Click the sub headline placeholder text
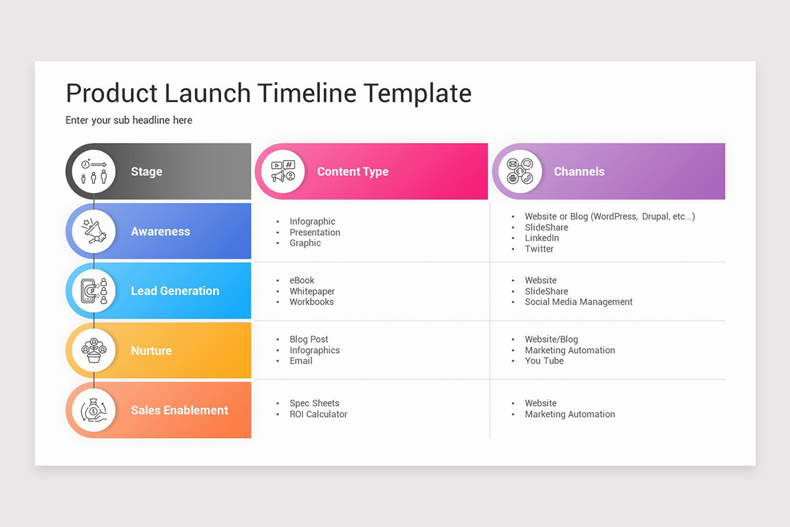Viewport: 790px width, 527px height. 129,120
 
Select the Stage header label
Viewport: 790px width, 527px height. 146,171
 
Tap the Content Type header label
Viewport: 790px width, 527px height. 353,171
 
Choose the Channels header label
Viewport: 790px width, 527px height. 579,171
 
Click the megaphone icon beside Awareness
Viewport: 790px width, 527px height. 93,231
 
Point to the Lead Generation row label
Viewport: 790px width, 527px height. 174,291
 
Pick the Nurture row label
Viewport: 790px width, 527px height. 151,350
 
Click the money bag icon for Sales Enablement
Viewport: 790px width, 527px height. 93,410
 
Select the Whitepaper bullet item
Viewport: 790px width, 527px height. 312,291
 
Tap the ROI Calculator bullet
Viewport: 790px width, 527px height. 318,414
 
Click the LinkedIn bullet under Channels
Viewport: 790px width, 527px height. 542,238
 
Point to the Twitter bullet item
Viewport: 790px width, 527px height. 539,249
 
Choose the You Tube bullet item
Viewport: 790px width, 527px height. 544,361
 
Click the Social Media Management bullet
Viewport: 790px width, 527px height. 578,302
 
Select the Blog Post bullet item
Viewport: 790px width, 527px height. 309,339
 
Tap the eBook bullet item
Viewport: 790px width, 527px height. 302,280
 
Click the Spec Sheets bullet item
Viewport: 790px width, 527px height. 314,403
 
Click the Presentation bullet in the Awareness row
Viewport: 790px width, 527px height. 315,232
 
